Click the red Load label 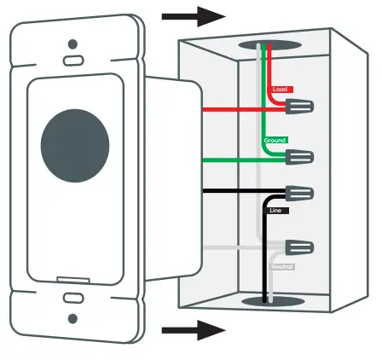pos(281,89)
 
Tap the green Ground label pos(275,139)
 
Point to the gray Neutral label pos(282,267)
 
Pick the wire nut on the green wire pos(299,158)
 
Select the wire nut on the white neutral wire pos(299,250)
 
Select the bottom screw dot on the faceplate pos(73,318)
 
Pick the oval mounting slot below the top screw pos(73,61)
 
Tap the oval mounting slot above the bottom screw pos(73,299)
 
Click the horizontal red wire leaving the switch pos(230,109)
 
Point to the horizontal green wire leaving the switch pos(230,159)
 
